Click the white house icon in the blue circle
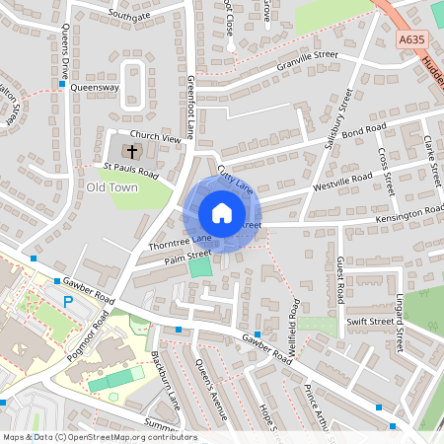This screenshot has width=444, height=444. (222, 213)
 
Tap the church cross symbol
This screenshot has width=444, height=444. (132, 151)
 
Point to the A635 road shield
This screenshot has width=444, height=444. (412, 40)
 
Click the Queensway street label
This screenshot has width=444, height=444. (95, 87)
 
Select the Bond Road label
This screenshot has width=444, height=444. (364, 132)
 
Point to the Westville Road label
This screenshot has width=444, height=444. (341, 181)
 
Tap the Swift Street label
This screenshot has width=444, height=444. (370, 321)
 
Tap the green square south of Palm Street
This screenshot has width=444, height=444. (200, 267)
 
